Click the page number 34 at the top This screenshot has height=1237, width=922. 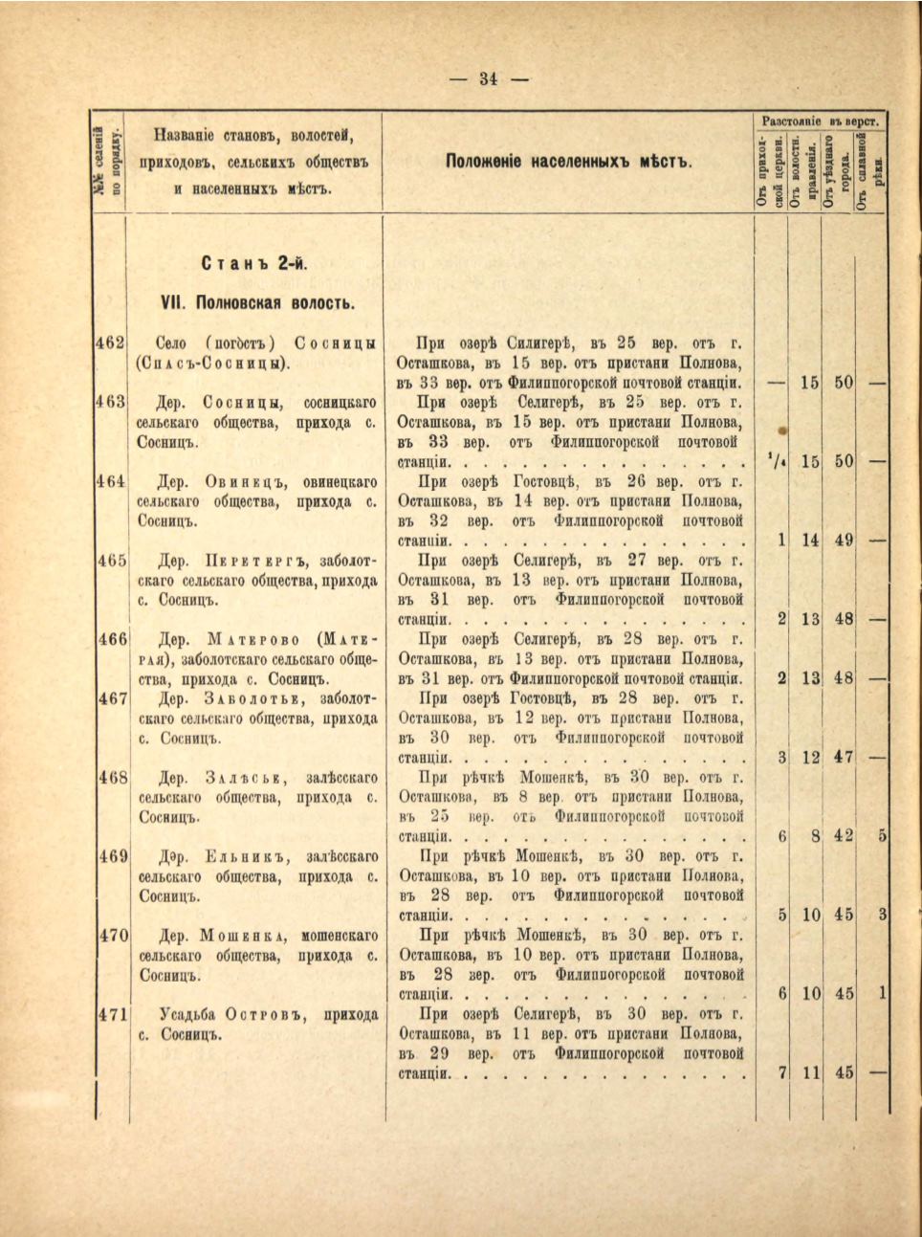click(x=489, y=79)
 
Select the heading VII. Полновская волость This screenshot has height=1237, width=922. click(x=258, y=303)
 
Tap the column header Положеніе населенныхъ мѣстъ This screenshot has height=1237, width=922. click(x=568, y=161)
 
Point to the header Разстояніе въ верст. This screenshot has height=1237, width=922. click(x=821, y=121)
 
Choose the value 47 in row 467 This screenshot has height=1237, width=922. click(x=843, y=758)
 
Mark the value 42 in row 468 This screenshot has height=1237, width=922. click(x=843, y=836)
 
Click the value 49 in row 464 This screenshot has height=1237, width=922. click(x=843, y=541)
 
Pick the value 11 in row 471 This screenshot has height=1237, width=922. click(x=811, y=1073)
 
